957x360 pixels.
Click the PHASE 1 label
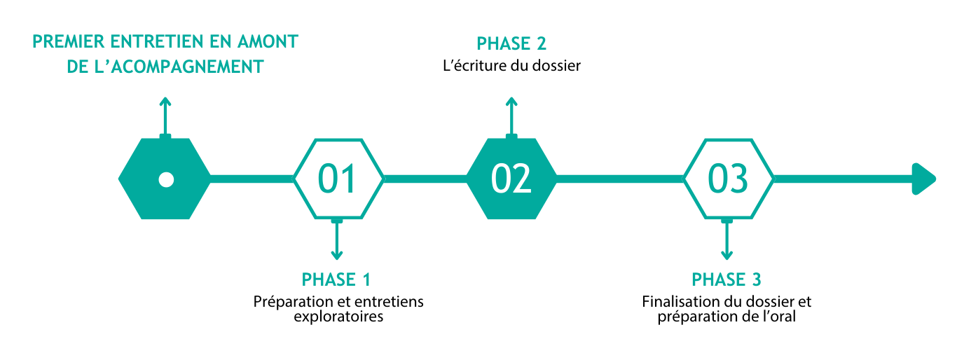coord(336,279)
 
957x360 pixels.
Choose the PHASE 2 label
coord(511,44)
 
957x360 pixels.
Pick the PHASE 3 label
coord(727,279)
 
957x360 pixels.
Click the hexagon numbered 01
coord(338,179)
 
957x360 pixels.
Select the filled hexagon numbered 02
coord(511,179)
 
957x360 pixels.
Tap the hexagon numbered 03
coord(728,179)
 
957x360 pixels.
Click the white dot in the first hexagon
coord(166,179)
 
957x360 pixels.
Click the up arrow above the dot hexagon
coord(165,112)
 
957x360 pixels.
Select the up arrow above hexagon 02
coord(511,112)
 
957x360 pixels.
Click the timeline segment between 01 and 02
coord(425,179)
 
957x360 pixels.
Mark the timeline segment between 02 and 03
coord(620,179)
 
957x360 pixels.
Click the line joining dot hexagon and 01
coord(252,179)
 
